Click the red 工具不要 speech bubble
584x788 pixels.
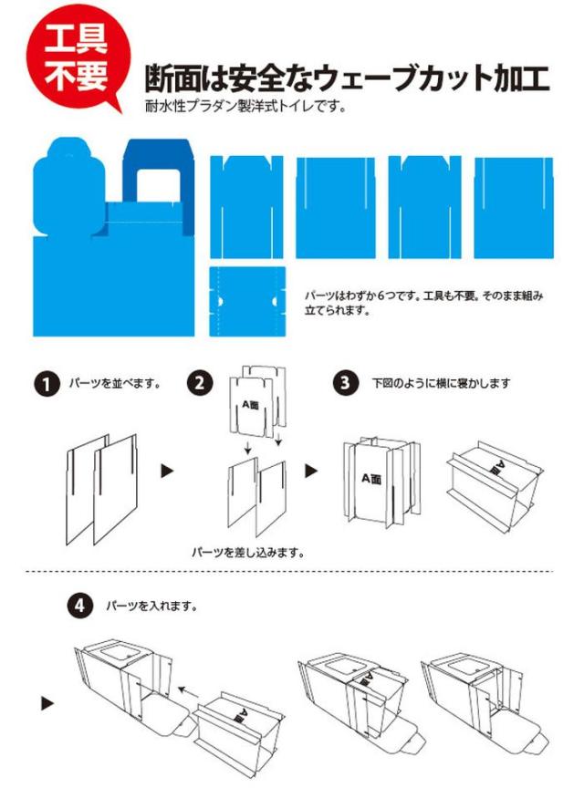coord(78,57)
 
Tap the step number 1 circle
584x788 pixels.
coord(47,385)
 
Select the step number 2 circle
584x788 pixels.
coord(200,383)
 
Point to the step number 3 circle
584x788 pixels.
coord(345,383)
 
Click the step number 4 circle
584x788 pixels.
coord(80,607)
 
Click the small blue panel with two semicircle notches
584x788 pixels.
coord(247,302)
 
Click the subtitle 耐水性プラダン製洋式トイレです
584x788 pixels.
coord(245,107)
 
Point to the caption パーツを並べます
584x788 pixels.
coord(115,383)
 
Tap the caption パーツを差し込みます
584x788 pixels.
coord(248,553)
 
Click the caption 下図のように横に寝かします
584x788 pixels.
coord(441,383)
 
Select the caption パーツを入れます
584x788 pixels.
coord(151,607)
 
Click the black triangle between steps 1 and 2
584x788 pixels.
coord(167,471)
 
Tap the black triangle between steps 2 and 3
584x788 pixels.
coord(311,471)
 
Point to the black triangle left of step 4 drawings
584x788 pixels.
coord(47,703)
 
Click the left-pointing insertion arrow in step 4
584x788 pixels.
coord(190,692)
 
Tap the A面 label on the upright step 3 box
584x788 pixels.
coord(371,479)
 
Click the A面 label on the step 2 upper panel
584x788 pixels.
coord(250,405)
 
